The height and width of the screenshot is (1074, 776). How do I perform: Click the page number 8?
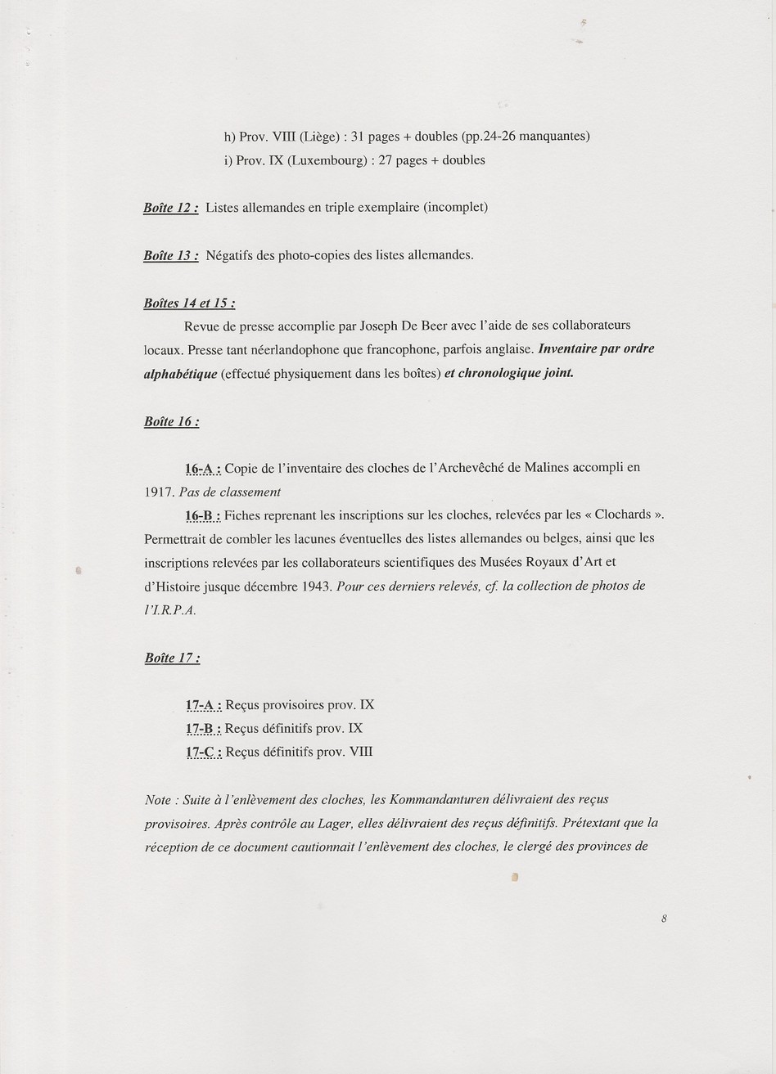(664, 919)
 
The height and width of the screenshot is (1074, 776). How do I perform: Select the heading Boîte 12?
(170, 208)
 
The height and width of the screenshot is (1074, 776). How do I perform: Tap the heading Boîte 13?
(170, 255)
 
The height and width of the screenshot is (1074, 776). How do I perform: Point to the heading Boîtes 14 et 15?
(189, 303)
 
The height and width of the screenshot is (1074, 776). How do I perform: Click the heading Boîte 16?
(171, 422)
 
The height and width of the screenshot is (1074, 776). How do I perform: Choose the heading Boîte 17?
(171, 658)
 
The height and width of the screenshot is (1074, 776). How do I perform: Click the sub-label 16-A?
(203, 469)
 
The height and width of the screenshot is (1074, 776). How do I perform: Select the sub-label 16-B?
(203, 515)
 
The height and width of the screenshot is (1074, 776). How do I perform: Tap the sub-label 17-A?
(203, 705)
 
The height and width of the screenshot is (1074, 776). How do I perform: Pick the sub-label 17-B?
(203, 729)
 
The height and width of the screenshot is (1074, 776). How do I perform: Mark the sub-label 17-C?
(203, 753)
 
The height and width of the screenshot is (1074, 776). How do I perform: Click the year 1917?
(159, 492)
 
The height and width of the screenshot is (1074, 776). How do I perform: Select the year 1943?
(316, 586)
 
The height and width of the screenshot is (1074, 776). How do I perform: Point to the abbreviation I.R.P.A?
(170, 610)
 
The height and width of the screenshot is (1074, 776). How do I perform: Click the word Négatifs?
(230, 255)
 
